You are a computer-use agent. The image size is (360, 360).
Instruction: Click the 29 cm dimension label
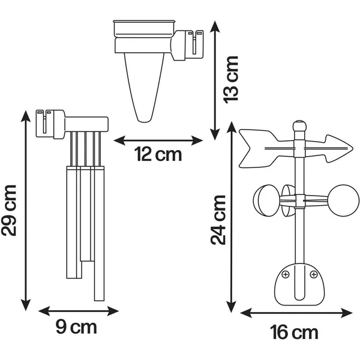click(x=9, y=211)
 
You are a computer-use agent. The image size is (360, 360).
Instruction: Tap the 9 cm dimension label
click(x=76, y=328)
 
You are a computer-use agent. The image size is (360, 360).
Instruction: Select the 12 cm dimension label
click(x=158, y=154)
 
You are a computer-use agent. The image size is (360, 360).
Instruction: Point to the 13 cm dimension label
click(x=231, y=79)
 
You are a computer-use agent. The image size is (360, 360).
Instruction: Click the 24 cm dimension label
click(x=218, y=220)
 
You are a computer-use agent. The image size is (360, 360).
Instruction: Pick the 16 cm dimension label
click(x=294, y=332)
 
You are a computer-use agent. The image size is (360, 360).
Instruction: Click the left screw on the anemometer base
click(x=286, y=274)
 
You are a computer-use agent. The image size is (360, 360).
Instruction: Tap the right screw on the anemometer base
click(x=314, y=274)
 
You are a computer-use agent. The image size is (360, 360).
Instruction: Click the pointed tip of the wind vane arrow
click(x=352, y=148)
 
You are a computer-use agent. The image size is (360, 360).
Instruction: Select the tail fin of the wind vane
click(x=258, y=148)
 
